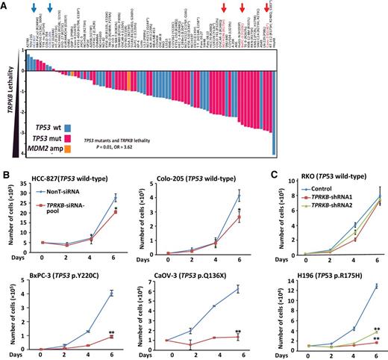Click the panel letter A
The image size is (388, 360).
[5, 4]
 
